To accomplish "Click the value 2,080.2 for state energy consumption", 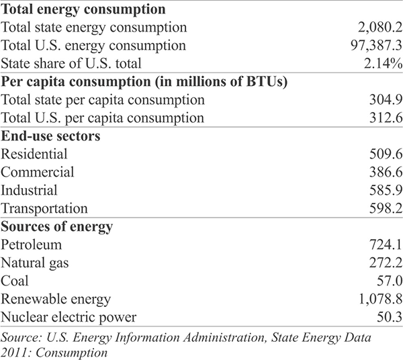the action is pos(380,28).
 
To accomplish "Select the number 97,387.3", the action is pos(377,46).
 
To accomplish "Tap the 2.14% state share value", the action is pos(384,64).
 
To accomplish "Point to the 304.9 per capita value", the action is pos(386,100).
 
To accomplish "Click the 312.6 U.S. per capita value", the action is pos(386,118).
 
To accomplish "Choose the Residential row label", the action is pos(34,154).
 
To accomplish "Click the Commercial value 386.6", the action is pos(386,172).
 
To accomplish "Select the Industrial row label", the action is pos(29,190).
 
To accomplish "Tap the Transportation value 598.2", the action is pos(386,208).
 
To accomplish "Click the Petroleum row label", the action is pos(32,244).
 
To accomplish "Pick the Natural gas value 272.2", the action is pos(386,263).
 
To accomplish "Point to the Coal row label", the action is pos(15,281).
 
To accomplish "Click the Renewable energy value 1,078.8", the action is pos(380,299).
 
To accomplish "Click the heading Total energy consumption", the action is pos(83,10).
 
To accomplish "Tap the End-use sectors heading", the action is pos(50,136).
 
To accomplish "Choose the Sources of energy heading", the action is pos(57,227).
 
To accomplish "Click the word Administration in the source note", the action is pos(224,337).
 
